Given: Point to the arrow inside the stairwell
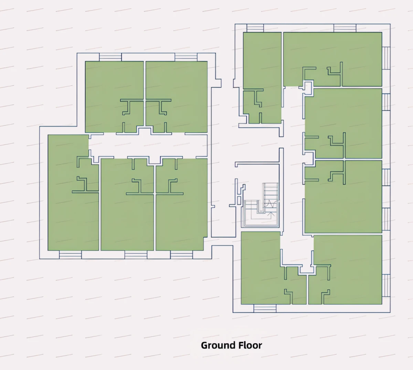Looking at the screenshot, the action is (x=272, y=214).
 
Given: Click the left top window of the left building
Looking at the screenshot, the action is (x=110, y=57).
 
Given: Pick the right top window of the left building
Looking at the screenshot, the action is (x=186, y=57).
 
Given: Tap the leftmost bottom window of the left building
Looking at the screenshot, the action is (x=70, y=255).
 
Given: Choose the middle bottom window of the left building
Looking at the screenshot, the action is (x=136, y=255).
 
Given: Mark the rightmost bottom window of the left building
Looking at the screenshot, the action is (x=181, y=255).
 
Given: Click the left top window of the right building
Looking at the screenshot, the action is (x=255, y=28).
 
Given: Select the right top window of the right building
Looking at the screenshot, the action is (x=345, y=28).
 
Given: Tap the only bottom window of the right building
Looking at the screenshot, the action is (x=265, y=308).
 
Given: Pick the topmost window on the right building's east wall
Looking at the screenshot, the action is (x=386, y=58).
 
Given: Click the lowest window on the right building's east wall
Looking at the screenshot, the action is (x=386, y=286).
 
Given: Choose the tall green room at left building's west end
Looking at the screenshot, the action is (x=73, y=192).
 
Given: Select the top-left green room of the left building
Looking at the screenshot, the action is (x=114, y=97).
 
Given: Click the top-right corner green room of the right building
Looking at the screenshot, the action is (x=333, y=59).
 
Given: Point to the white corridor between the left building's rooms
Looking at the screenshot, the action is (x=148, y=146).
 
